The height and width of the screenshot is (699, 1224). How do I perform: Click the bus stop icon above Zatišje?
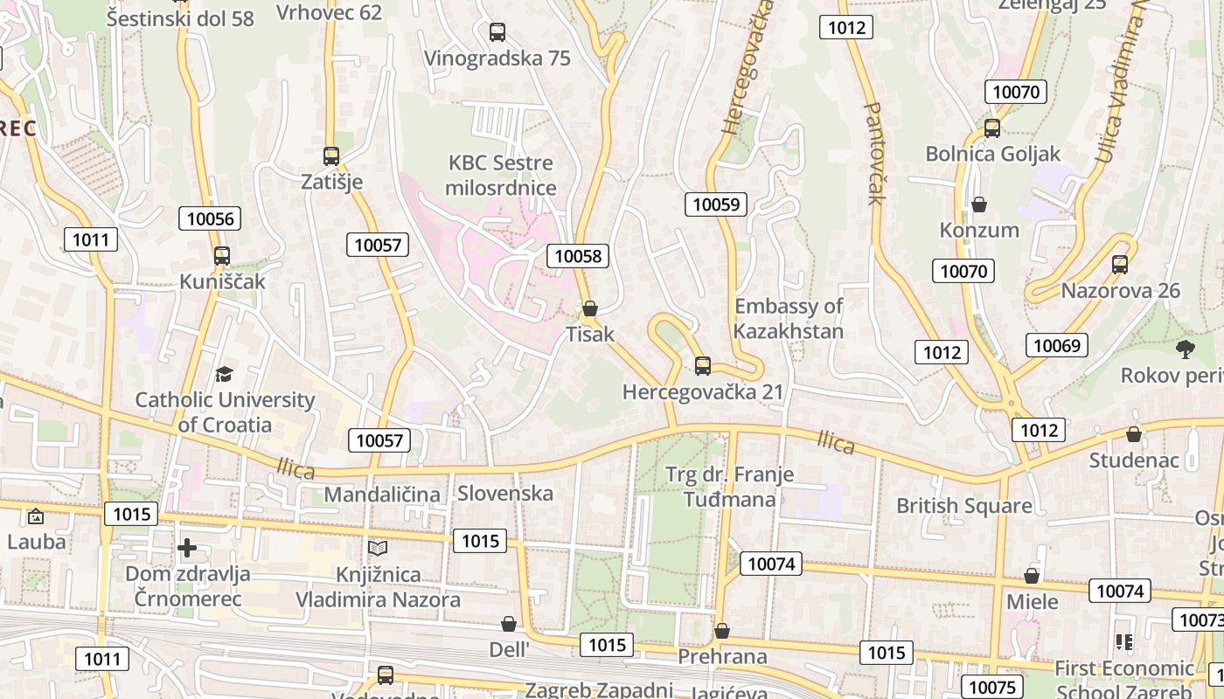(x=330, y=156)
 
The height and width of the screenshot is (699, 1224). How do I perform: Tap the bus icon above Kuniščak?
(x=222, y=256)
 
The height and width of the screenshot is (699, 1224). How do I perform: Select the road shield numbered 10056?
(x=210, y=218)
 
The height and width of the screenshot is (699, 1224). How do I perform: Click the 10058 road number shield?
(x=578, y=256)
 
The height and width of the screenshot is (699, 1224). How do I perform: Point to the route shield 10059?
(x=716, y=204)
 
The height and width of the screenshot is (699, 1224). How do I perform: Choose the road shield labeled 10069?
(x=1056, y=345)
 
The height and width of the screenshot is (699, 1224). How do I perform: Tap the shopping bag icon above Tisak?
(x=590, y=308)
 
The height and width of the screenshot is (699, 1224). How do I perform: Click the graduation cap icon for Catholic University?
(x=225, y=374)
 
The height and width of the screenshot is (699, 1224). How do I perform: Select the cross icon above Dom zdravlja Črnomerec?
(x=187, y=548)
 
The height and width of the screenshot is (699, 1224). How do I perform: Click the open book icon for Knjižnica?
(x=378, y=548)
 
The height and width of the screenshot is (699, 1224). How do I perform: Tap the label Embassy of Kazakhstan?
(x=788, y=319)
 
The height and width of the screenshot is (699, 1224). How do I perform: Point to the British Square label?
(x=963, y=506)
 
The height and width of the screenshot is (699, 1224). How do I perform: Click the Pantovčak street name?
(x=875, y=153)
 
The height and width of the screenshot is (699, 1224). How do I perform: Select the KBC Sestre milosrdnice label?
(x=500, y=176)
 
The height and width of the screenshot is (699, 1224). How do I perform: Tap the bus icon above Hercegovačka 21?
(x=703, y=366)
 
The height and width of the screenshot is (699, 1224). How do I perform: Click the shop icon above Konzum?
(x=979, y=204)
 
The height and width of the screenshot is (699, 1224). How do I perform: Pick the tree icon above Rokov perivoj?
(x=1186, y=349)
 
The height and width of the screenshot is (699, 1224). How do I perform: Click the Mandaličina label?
(x=382, y=495)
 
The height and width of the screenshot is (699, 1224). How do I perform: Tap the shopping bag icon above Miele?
(x=1032, y=576)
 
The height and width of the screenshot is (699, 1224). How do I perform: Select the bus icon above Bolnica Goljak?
(x=992, y=128)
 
